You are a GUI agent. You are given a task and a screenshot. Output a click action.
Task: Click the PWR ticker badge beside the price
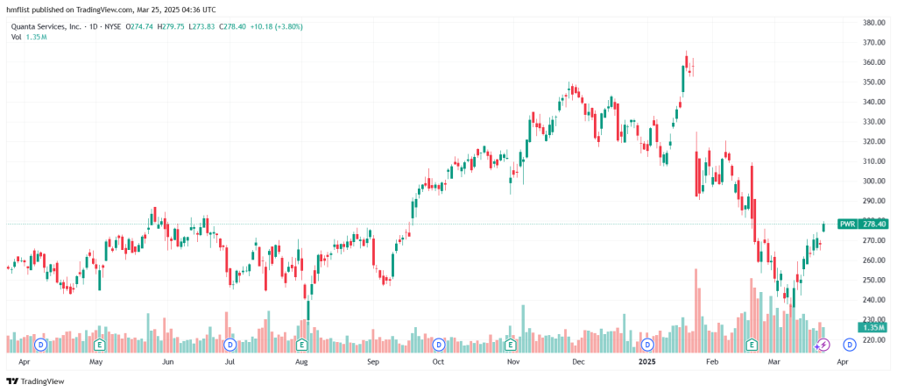(x=847, y=224)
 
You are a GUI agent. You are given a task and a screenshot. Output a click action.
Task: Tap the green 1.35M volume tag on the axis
(x=872, y=326)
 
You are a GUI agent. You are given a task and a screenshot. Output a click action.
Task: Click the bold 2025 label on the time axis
(x=646, y=360)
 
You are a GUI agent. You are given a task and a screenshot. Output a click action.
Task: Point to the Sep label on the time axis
(x=373, y=360)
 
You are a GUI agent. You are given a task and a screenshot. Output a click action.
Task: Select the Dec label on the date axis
(x=577, y=360)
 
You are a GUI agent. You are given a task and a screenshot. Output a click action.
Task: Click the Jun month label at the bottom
(x=166, y=360)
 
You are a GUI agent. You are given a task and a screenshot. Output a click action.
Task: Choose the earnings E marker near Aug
(x=301, y=344)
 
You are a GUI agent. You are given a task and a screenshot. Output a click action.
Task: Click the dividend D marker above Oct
(x=438, y=344)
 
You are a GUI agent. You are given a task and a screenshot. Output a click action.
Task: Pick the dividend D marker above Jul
(x=230, y=344)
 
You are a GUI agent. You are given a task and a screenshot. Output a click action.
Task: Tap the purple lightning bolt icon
(x=823, y=344)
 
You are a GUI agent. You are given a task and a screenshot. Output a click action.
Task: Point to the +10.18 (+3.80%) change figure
(x=278, y=26)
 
